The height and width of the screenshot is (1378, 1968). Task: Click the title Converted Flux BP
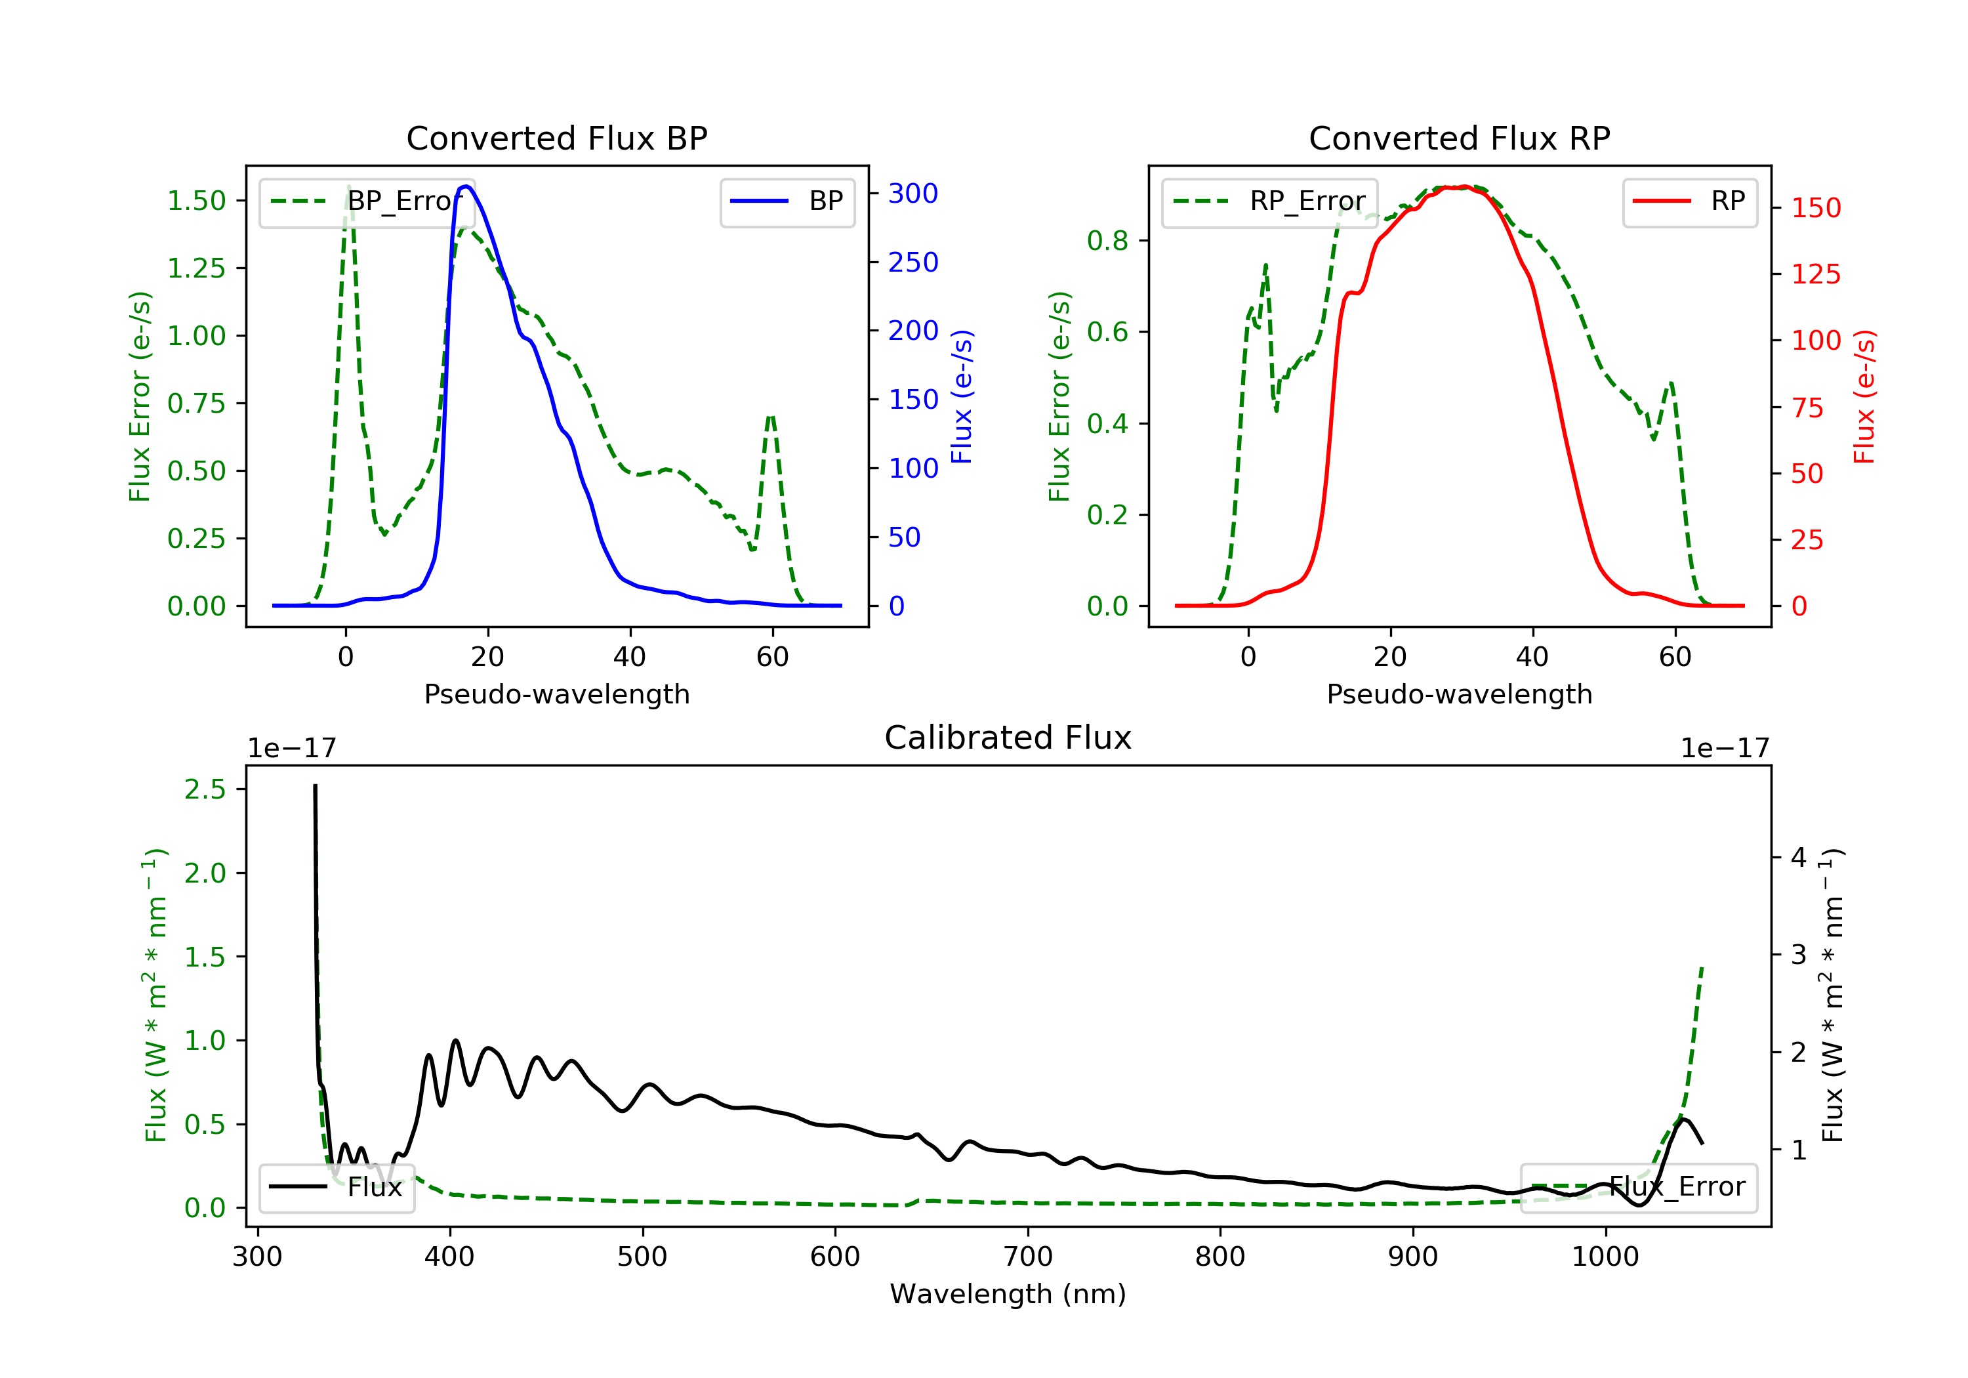coord(556,138)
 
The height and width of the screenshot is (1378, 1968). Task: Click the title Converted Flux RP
coord(1459,138)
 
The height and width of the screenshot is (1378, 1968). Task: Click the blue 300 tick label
coord(913,194)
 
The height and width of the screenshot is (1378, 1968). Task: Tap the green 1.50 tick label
coord(196,201)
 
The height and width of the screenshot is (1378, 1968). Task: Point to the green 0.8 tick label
coord(1107,241)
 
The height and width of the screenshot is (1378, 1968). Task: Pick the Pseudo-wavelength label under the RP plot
coord(1459,694)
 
